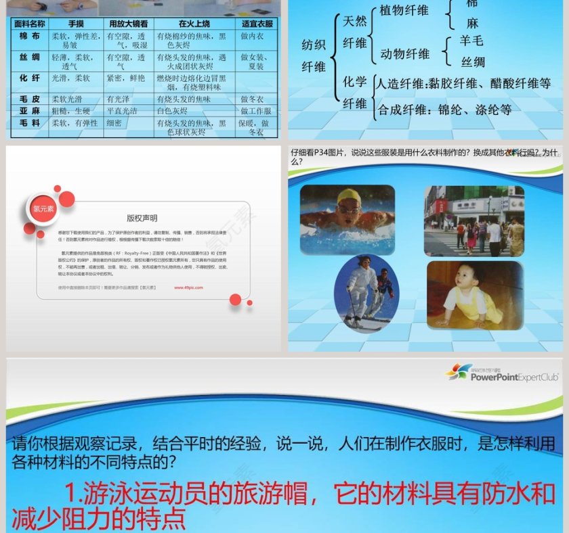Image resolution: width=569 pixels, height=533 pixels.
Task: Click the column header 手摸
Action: (x=76, y=23)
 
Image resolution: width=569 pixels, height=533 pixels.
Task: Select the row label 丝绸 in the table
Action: (x=30, y=57)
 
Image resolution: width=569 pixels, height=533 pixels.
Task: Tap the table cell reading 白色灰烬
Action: (x=173, y=111)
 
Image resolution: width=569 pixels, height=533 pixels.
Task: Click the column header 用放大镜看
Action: (x=128, y=23)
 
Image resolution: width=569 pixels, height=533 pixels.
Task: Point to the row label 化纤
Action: (x=30, y=78)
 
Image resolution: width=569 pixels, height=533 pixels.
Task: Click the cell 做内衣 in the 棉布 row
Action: (x=252, y=37)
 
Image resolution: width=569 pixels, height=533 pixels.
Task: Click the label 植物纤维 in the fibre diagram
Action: (x=404, y=10)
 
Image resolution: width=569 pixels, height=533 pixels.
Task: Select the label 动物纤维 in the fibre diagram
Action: (x=404, y=53)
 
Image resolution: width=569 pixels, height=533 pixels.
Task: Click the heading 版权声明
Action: (x=142, y=218)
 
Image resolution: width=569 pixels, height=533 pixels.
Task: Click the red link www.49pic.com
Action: (x=188, y=287)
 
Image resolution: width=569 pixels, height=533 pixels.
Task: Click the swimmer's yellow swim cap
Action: (x=350, y=196)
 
